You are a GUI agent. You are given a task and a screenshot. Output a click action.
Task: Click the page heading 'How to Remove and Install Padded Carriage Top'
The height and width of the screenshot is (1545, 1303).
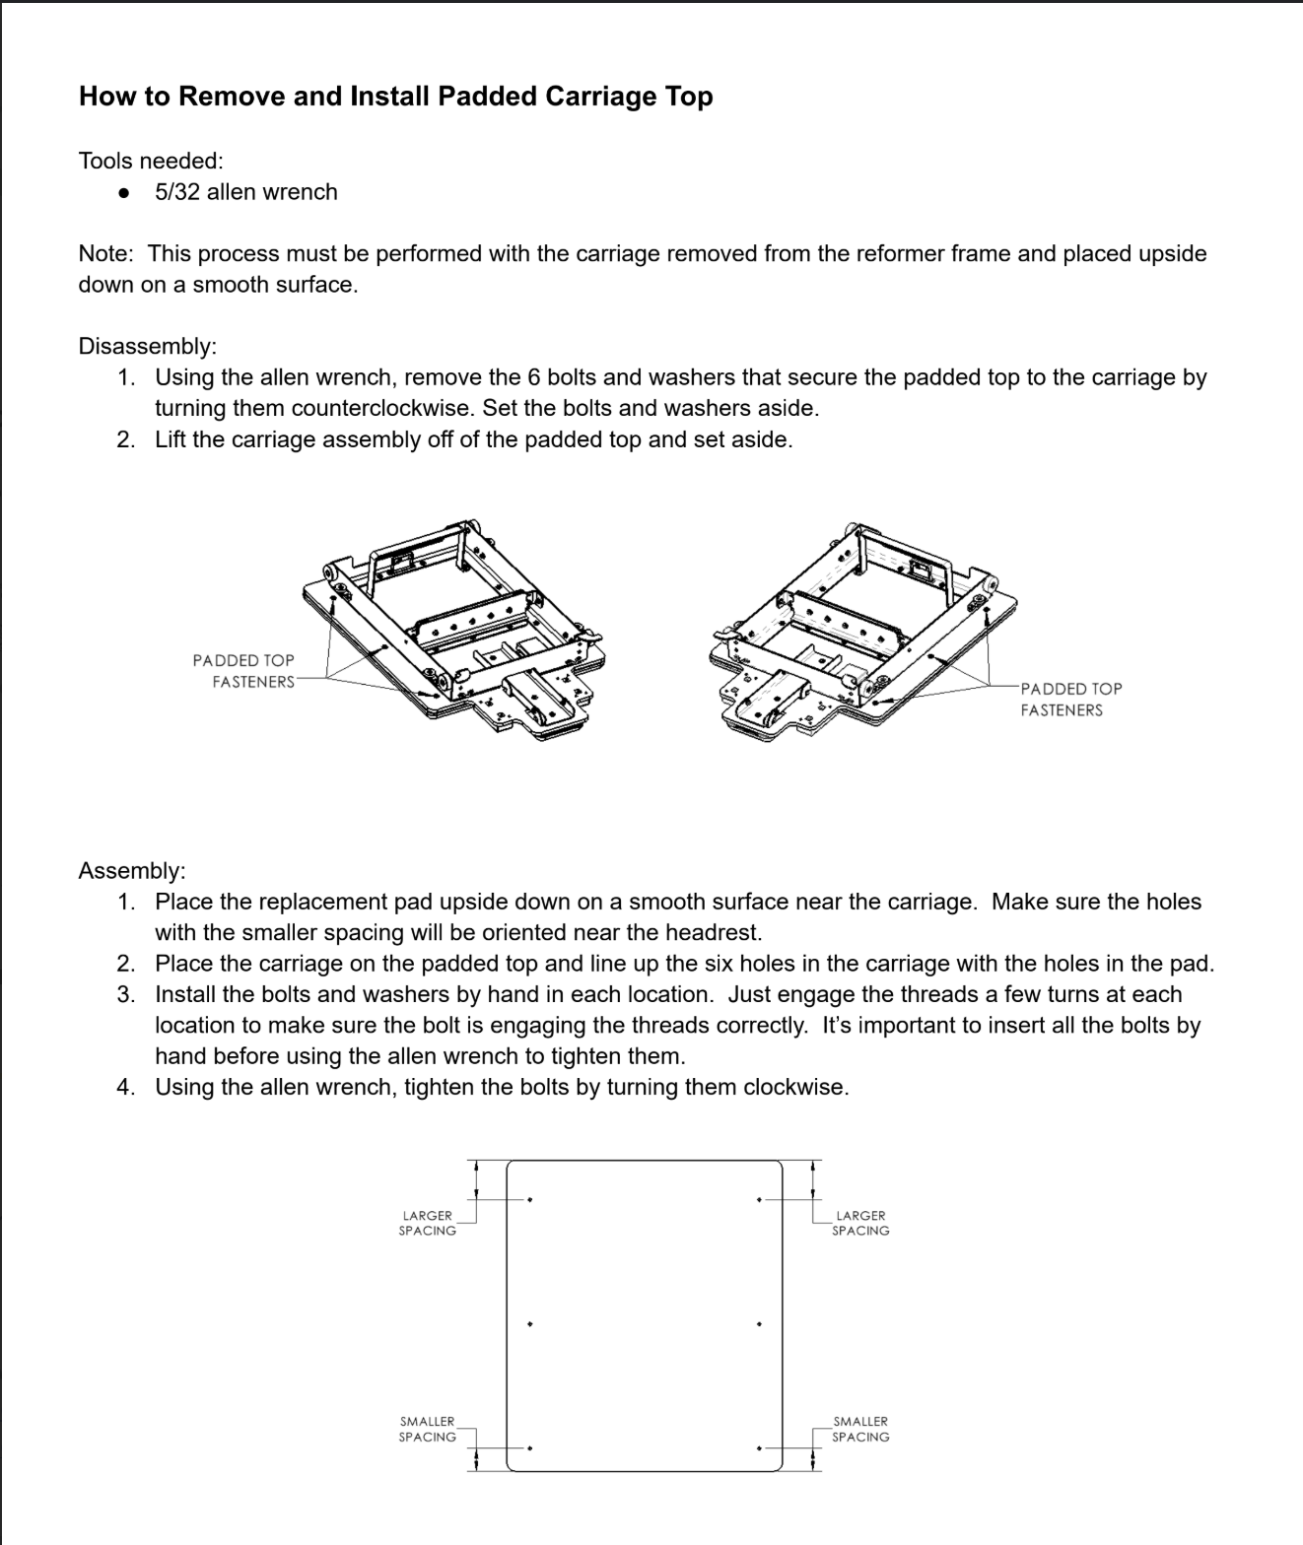click(x=395, y=97)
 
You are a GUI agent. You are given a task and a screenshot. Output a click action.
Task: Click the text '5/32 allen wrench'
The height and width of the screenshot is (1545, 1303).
click(x=245, y=192)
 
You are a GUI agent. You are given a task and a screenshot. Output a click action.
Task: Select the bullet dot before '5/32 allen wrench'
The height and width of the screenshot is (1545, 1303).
click(x=124, y=193)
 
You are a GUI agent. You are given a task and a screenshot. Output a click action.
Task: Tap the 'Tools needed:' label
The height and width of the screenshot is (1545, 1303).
click(x=151, y=161)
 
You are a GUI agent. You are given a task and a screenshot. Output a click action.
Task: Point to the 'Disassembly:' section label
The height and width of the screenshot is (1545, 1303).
click(x=147, y=347)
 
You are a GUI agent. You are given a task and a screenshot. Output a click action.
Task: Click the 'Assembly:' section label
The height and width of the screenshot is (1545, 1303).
click(x=131, y=871)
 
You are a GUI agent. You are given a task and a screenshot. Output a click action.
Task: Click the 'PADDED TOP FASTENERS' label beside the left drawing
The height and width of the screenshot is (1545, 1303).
click(x=243, y=671)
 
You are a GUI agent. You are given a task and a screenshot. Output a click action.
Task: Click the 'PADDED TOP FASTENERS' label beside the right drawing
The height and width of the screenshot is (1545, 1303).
click(x=1070, y=700)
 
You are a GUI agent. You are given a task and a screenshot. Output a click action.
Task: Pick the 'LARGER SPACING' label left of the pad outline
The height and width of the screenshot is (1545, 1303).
click(x=428, y=1223)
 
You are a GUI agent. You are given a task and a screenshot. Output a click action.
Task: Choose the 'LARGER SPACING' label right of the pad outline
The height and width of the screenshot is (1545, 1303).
click(x=860, y=1223)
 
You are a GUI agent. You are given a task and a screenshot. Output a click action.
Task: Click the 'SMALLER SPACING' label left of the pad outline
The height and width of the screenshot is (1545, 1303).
click(x=428, y=1429)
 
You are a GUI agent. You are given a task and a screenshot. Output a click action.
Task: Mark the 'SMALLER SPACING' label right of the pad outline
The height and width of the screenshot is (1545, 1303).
click(x=860, y=1429)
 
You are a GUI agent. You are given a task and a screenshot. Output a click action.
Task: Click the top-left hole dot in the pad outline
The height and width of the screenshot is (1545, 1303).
click(x=530, y=1200)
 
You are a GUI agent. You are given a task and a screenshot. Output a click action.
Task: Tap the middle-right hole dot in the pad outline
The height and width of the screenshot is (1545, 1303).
click(x=759, y=1324)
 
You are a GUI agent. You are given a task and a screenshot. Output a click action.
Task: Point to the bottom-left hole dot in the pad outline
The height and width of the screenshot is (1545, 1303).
click(x=530, y=1448)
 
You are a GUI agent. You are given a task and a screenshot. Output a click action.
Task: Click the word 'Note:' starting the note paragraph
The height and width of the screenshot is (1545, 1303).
click(x=105, y=254)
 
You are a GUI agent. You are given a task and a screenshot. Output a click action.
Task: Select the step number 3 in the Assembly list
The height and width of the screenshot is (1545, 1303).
click(x=125, y=994)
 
